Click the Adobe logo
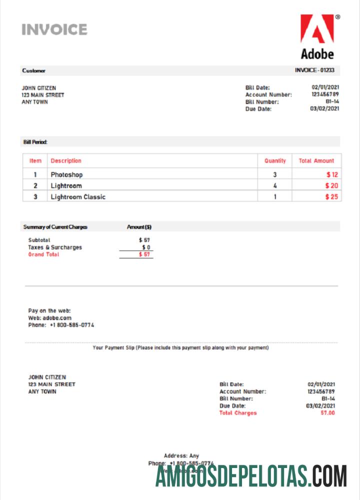pyautogui.click(x=317, y=36)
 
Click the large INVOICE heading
pyautogui.click(x=54, y=29)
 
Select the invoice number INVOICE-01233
pyautogui.click(x=314, y=70)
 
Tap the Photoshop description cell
pyautogui.click(x=66, y=174)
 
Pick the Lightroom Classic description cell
pyautogui.click(x=78, y=197)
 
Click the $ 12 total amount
pyautogui.click(x=332, y=174)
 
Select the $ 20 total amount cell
pyautogui.click(x=331, y=186)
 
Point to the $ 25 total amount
pyautogui.click(x=331, y=197)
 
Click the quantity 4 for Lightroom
pyautogui.click(x=275, y=186)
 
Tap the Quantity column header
pyautogui.click(x=275, y=161)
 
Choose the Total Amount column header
pyautogui.click(x=316, y=161)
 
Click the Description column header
pyautogui.click(x=66, y=161)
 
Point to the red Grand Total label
pyautogui.click(x=43, y=254)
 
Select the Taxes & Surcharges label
pyautogui.click(x=55, y=247)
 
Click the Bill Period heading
pyautogui.click(x=35, y=142)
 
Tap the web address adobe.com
pyautogui.click(x=57, y=317)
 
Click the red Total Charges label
pyautogui.click(x=238, y=413)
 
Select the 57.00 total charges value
pyautogui.click(x=327, y=413)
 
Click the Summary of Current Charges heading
pyautogui.click(x=55, y=227)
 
